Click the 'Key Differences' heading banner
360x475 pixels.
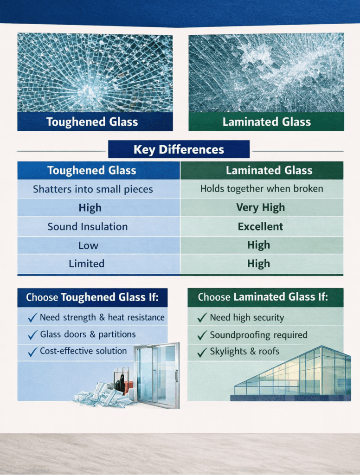pyautogui.click(x=179, y=149)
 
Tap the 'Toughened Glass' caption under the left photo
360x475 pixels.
pyautogui.click(x=92, y=122)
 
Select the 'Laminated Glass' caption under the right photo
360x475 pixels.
pyautogui.click(x=267, y=122)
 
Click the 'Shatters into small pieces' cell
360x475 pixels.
pyautogui.click(x=93, y=189)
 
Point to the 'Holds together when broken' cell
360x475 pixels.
pyautogui.click(x=262, y=189)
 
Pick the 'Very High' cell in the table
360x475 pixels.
pyautogui.click(x=261, y=207)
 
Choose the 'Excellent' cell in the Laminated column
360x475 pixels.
pyautogui.click(x=261, y=226)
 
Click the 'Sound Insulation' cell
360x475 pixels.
pyautogui.click(x=88, y=226)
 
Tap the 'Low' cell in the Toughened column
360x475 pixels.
pyautogui.click(x=88, y=245)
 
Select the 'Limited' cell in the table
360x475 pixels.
pyautogui.click(x=87, y=263)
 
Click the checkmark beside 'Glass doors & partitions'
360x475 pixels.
pyautogui.click(x=33, y=335)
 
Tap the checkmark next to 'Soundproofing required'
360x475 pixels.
pyautogui.click(x=202, y=335)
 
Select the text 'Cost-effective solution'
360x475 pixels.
pyautogui.click(x=84, y=351)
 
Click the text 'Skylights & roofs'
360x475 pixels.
pyautogui.click(x=244, y=352)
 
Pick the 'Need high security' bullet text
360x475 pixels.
pyautogui.click(x=247, y=317)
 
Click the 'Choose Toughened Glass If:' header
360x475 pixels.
pyautogui.click(x=92, y=297)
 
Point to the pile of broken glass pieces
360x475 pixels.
pyautogui.click(x=103, y=395)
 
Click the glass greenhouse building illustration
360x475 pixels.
pyautogui.click(x=292, y=374)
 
